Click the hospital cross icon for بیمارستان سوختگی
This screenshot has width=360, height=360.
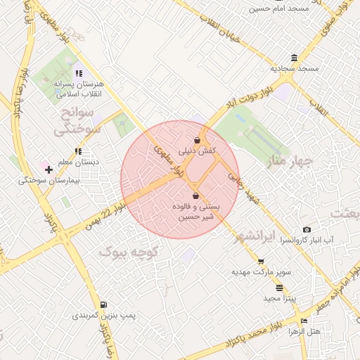tap(49, 169)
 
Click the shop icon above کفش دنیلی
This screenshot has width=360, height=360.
tap(197, 140)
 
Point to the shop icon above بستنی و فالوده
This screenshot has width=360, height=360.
tap(195, 196)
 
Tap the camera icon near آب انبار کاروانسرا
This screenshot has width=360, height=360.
tap(307, 229)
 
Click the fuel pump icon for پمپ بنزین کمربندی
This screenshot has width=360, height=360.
tap(104, 305)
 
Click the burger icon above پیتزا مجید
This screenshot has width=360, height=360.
tap(280, 288)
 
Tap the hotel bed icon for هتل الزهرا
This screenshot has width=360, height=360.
tap(304, 321)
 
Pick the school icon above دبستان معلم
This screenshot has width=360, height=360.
tap(79, 150)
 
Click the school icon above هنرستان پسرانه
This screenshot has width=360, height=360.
tap(77, 73)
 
